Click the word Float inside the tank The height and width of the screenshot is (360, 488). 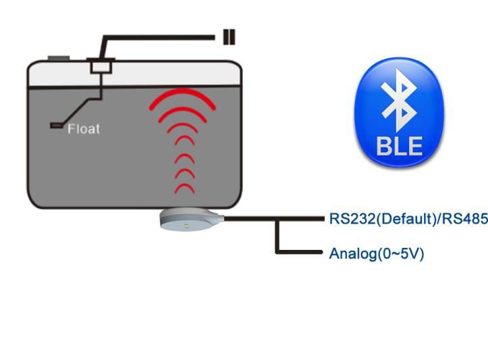[x=83, y=128]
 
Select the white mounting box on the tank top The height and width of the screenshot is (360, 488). [x=102, y=66]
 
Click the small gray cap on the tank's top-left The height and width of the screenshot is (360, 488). [x=59, y=59]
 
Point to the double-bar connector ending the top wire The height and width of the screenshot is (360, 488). [x=229, y=36]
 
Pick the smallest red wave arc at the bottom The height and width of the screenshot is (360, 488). [x=184, y=188]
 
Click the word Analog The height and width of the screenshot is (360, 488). [x=352, y=254]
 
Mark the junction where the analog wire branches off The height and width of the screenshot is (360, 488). [x=277, y=219]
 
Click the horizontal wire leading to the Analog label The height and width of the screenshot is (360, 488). [x=300, y=252]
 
